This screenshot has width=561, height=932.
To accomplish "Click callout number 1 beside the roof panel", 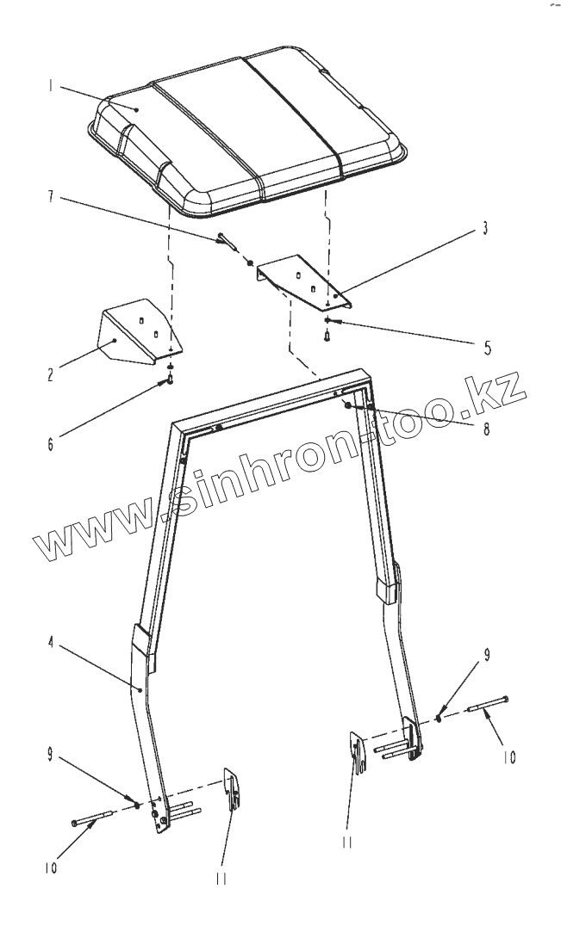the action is point(51,86).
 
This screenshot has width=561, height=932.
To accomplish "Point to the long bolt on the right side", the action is point(488,703).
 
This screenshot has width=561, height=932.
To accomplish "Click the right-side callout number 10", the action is point(508,757).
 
